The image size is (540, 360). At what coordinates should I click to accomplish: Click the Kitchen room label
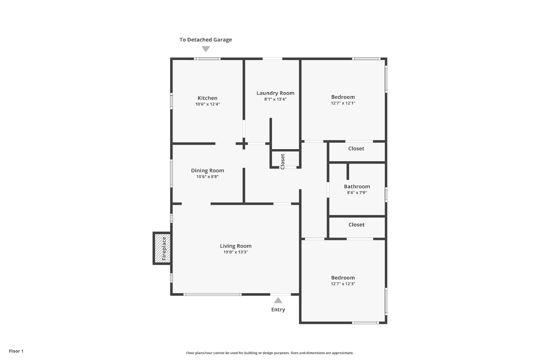[207, 98]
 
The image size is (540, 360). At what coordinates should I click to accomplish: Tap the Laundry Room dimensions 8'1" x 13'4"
[275, 99]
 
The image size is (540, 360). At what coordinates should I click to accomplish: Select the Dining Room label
[208, 171]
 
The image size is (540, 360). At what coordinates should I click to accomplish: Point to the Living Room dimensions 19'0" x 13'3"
[236, 252]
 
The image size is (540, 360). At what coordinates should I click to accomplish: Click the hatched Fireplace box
[162, 248]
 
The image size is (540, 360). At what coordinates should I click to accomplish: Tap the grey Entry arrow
[278, 300]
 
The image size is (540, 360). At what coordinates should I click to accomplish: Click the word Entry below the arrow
[278, 310]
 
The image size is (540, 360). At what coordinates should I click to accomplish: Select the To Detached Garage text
[206, 40]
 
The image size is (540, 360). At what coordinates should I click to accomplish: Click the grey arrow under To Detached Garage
[206, 49]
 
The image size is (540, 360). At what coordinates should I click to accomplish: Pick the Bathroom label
[357, 187]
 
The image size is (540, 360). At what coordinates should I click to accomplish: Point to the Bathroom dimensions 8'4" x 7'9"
[357, 193]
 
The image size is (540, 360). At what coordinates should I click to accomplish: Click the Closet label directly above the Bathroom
[356, 148]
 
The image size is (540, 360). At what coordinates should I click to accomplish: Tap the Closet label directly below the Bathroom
[356, 225]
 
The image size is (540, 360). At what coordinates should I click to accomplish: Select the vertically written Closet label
[282, 162]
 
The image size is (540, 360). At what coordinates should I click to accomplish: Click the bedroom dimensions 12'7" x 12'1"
[343, 103]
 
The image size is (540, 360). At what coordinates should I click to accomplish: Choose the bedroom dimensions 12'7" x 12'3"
[343, 284]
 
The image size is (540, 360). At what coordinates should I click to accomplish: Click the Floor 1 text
[16, 351]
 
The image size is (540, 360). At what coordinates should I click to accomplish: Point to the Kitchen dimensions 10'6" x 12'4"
[207, 104]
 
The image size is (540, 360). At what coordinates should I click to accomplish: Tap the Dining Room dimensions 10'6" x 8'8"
[207, 177]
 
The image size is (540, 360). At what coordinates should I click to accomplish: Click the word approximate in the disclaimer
[343, 353]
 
